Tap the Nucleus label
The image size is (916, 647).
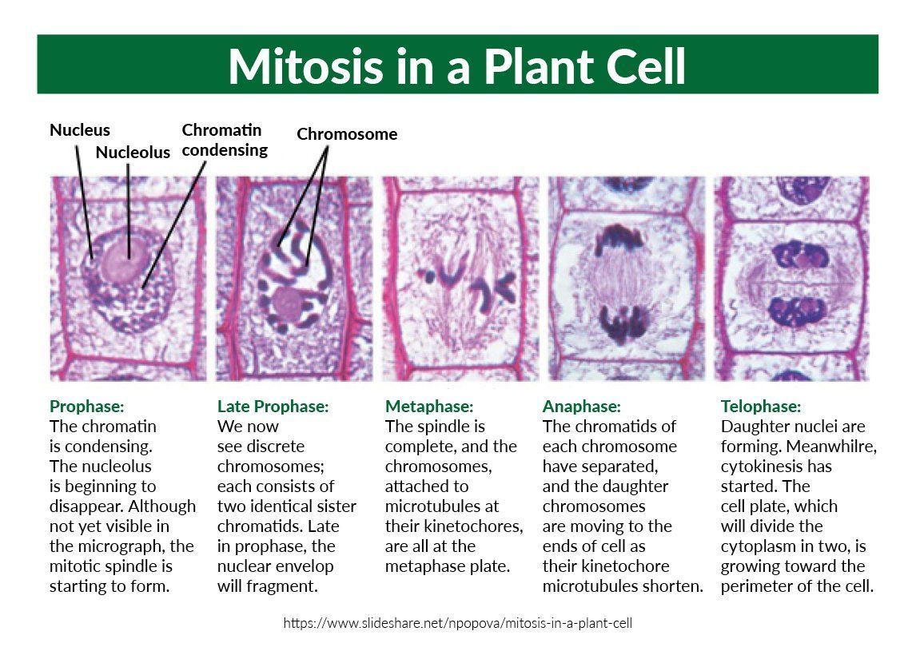[x=80, y=130]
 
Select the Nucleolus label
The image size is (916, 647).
[x=133, y=152]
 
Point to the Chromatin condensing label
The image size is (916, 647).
[x=224, y=140]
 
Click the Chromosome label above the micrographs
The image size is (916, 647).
[x=347, y=134]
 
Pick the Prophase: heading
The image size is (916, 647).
[x=87, y=407]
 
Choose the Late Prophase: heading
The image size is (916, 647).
[x=273, y=407]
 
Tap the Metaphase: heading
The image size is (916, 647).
[x=429, y=407]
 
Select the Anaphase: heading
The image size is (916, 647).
[x=582, y=407]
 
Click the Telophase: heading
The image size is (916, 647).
[x=761, y=407]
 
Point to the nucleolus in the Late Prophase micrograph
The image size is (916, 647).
[x=287, y=304]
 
